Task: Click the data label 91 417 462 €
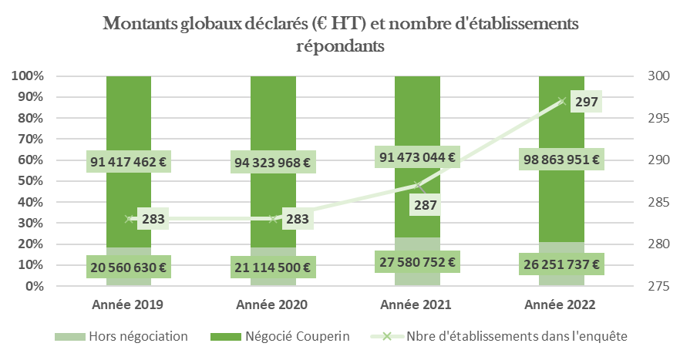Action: [130, 163]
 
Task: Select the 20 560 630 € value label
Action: [130, 267]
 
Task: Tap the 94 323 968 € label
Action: [273, 163]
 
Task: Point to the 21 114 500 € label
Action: [273, 267]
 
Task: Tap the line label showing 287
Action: [426, 205]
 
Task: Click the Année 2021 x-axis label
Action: [417, 304]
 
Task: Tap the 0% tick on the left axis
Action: [32, 287]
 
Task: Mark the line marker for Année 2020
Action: [273, 219]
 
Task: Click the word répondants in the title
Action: [340, 45]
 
